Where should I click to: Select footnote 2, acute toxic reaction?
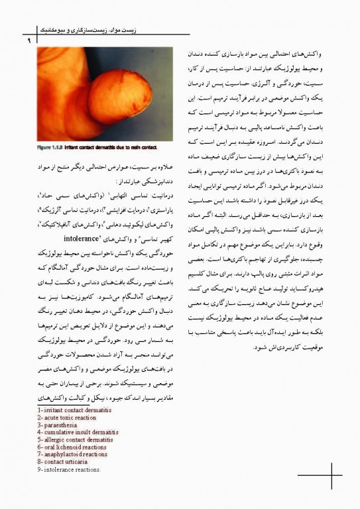[x=67, y=418]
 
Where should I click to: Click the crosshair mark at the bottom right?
[x=329, y=473]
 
